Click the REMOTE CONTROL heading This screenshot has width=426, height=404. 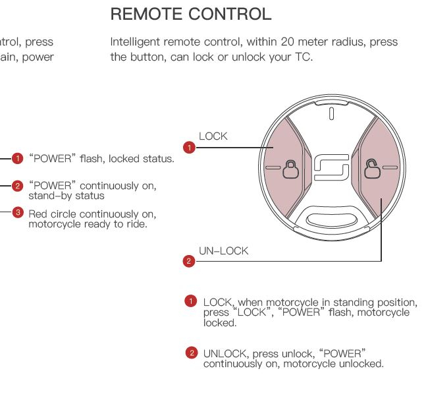pyautogui.click(x=190, y=14)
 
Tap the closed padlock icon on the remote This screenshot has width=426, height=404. pyautogui.click(x=290, y=170)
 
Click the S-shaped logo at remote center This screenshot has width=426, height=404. pyautogui.click(x=331, y=169)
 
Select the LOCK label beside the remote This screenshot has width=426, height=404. pyautogui.click(x=213, y=136)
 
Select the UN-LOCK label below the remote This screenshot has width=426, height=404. pyautogui.click(x=224, y=251)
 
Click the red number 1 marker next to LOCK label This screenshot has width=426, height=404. pyautogui.click(x=190, y=148)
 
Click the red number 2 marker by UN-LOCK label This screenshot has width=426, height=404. pyautogui.click(x=190, y=261)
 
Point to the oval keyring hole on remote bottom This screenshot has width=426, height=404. pyautogui.click(x=332, y=218)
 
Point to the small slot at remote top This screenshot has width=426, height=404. pyautogui.click(x=332, y=113)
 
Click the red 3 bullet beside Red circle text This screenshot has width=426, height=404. pyautogui.click(x=18, y=212)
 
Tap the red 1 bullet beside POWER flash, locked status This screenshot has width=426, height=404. pyautogui.click(x=18, y=158)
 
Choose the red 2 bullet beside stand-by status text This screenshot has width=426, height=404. pyautogui.click(x=18, y=186)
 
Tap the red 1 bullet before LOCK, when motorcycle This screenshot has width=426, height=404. pyautogui.click(x=191, y=301)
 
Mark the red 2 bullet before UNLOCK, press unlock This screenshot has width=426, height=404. pyautogui.click(x=191, y=353)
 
